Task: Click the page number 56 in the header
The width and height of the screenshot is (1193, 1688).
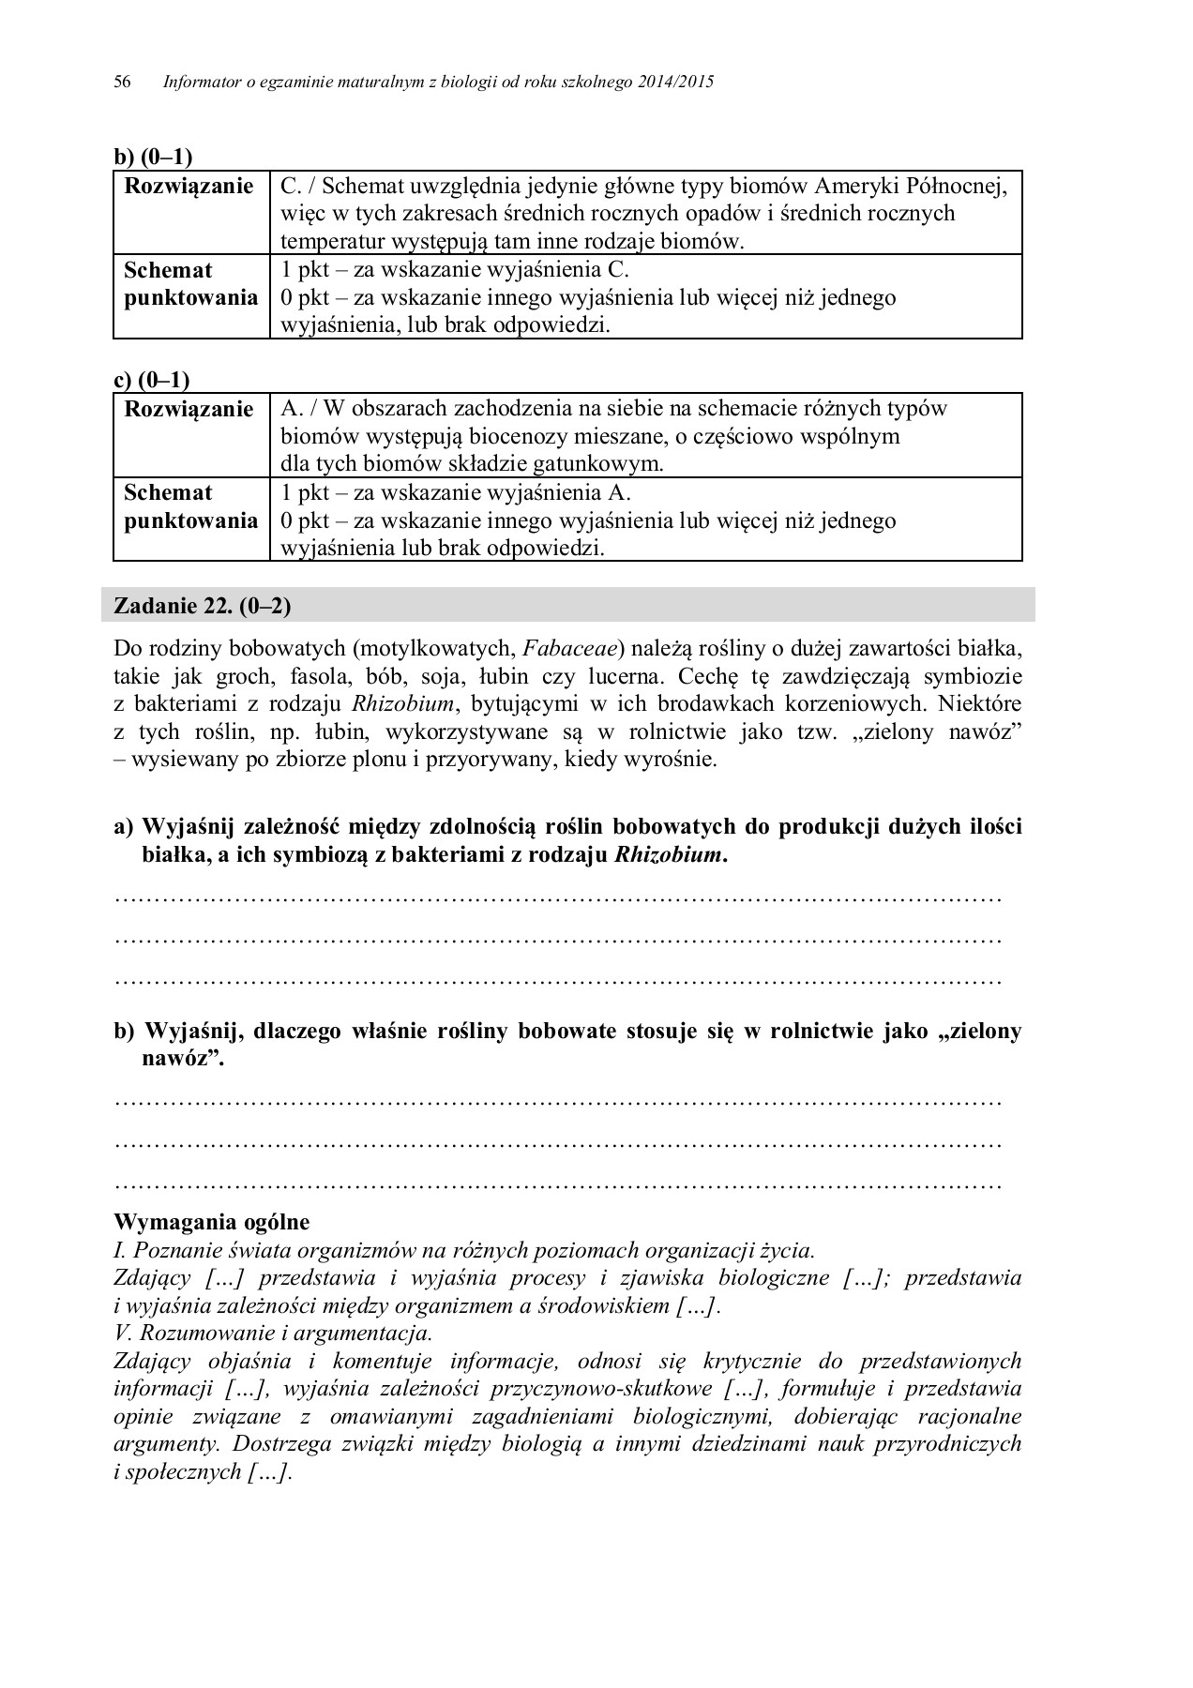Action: tap(121, 83)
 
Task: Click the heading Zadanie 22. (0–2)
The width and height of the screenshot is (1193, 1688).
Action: tap(202, 606)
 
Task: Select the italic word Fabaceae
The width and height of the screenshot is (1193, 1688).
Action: tap(573, 648)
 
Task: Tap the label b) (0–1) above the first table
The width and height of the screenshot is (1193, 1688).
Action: tap(152, 157)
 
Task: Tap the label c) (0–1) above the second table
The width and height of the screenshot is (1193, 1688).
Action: tap(151, 380)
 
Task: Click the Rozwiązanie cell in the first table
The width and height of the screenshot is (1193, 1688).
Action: tap(189, 187)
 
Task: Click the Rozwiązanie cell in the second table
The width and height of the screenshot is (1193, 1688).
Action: tap(189, 409)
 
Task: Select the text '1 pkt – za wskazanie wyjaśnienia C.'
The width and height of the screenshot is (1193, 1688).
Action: tap(454, 270)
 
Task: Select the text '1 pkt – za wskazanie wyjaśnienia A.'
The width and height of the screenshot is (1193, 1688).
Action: tap(456, 492)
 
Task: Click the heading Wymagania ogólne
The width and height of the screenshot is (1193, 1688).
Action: tap(211, 1222)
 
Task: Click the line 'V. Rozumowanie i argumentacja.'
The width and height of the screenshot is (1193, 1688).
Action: tap(272, 1333)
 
